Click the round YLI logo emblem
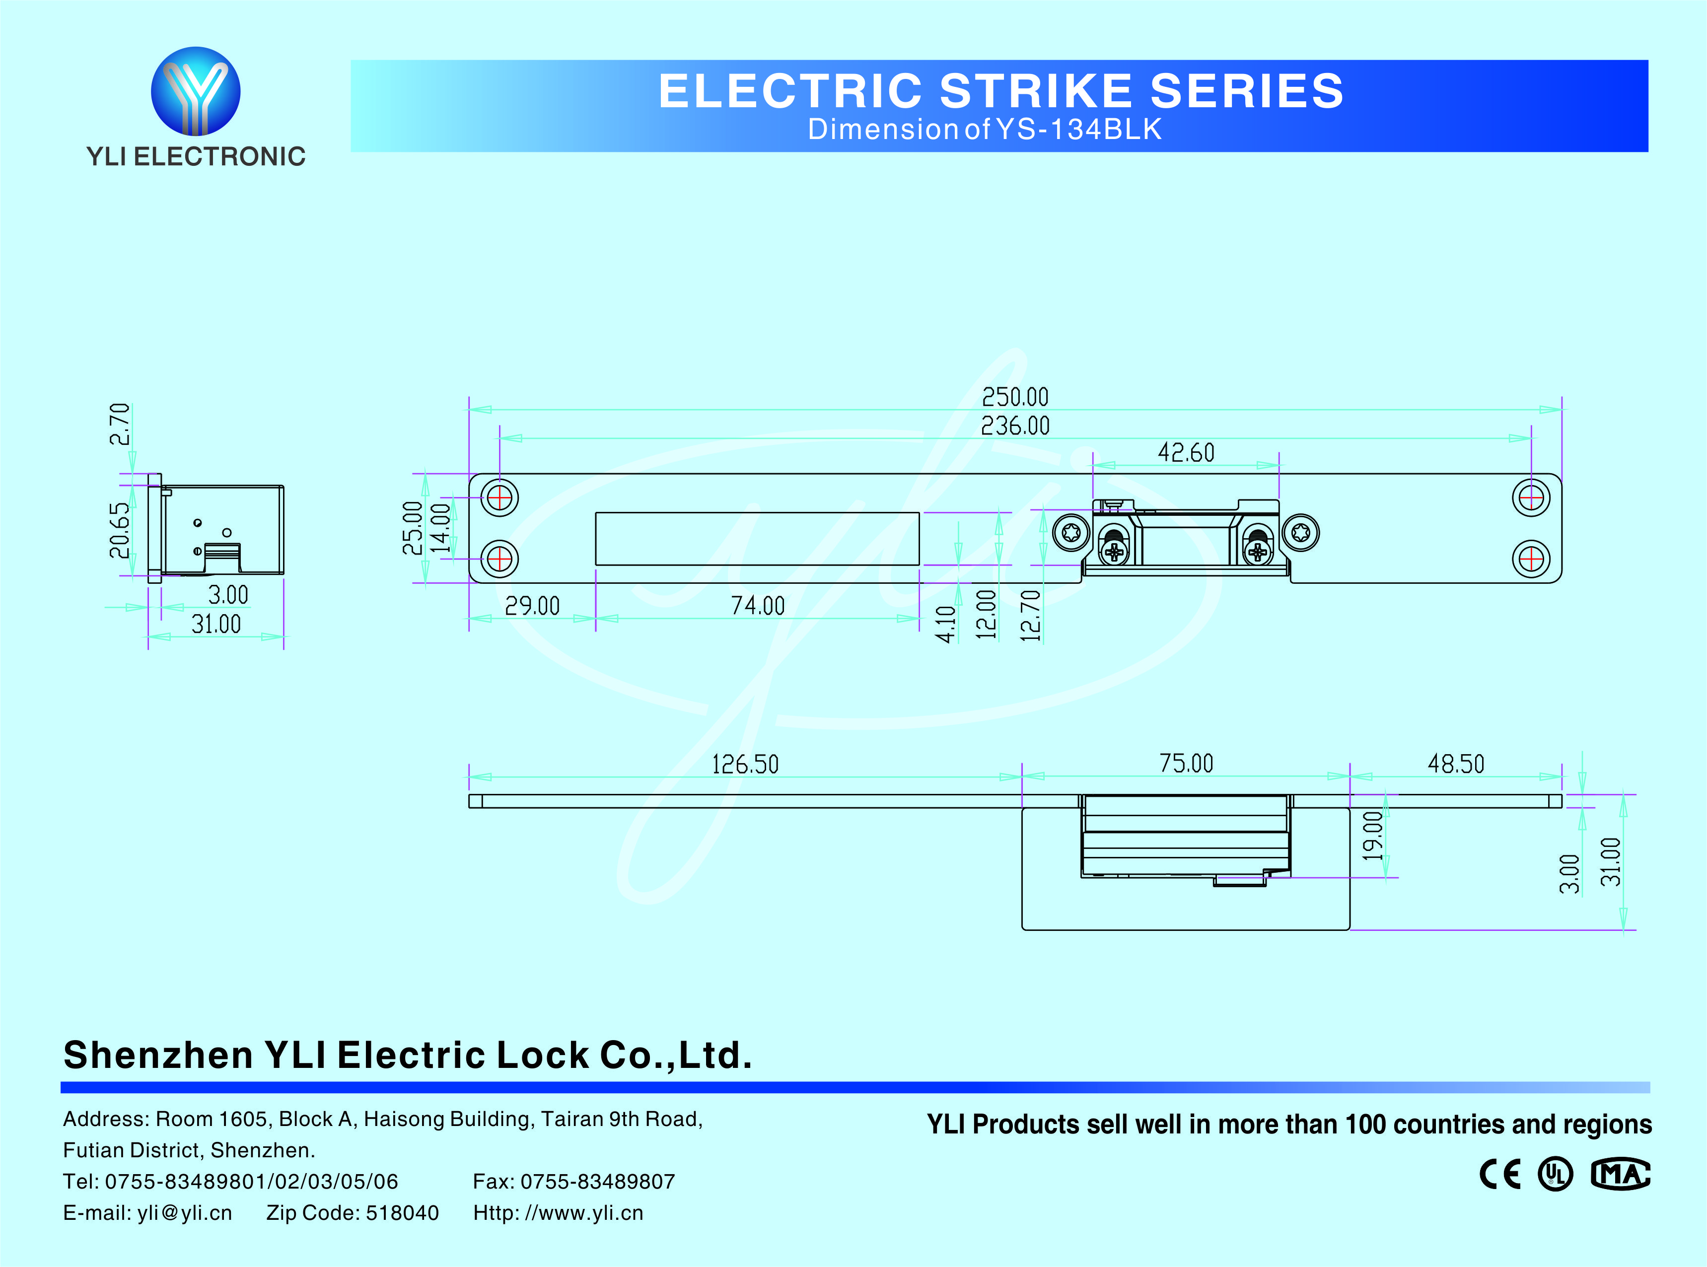[196, 91]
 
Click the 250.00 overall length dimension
[1014, 397]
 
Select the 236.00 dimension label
[1014, 425]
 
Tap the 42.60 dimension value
[1186, 452]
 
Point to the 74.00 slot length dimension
[758, 606]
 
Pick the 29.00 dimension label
[532, 606]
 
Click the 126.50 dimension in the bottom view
[745, 764]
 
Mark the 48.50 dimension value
[1455, 764]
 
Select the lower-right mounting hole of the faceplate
[1531, 559]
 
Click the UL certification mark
[1555, 1174]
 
